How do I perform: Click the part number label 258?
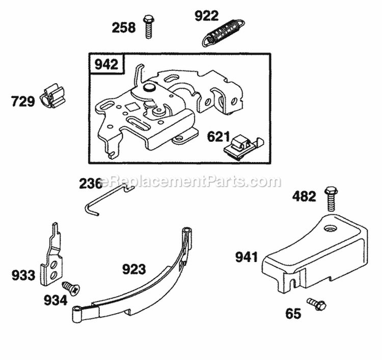point(124,28)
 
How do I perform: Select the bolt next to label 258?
point(148,25)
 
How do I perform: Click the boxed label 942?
point(105,65)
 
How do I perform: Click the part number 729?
point(23,101)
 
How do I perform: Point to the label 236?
point(90,183)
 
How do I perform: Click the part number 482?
point(304,196)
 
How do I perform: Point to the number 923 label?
point(133,269)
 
